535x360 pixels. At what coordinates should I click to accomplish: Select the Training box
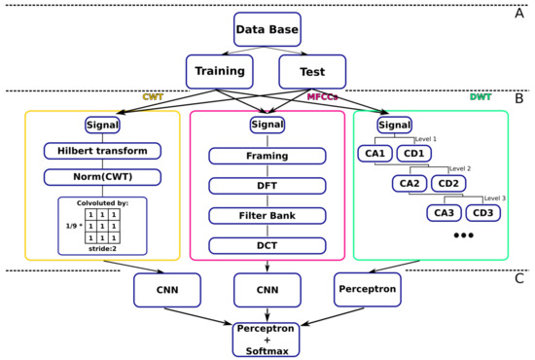click(220, 72)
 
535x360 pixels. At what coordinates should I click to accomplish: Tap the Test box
click(311, 72)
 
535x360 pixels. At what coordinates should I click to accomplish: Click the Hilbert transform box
click(102, 151)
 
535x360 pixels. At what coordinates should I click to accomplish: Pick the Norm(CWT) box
click(102, 177)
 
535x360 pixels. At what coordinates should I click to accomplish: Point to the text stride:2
click(103, 249)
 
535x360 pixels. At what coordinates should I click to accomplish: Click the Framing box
click(267, 156)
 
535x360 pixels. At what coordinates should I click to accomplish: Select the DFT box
click(267, 185)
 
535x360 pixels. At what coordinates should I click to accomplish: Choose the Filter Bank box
click(267, 214)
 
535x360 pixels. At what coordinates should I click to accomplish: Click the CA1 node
click(374, 153)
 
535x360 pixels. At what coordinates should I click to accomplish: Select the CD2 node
click(447, 183)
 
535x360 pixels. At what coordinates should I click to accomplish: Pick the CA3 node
click(445, 213)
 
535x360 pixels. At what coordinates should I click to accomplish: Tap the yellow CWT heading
click(153, 97)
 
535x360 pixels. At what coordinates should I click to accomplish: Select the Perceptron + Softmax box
click(267, 338)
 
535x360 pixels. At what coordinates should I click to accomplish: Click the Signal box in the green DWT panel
click(394, 125)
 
